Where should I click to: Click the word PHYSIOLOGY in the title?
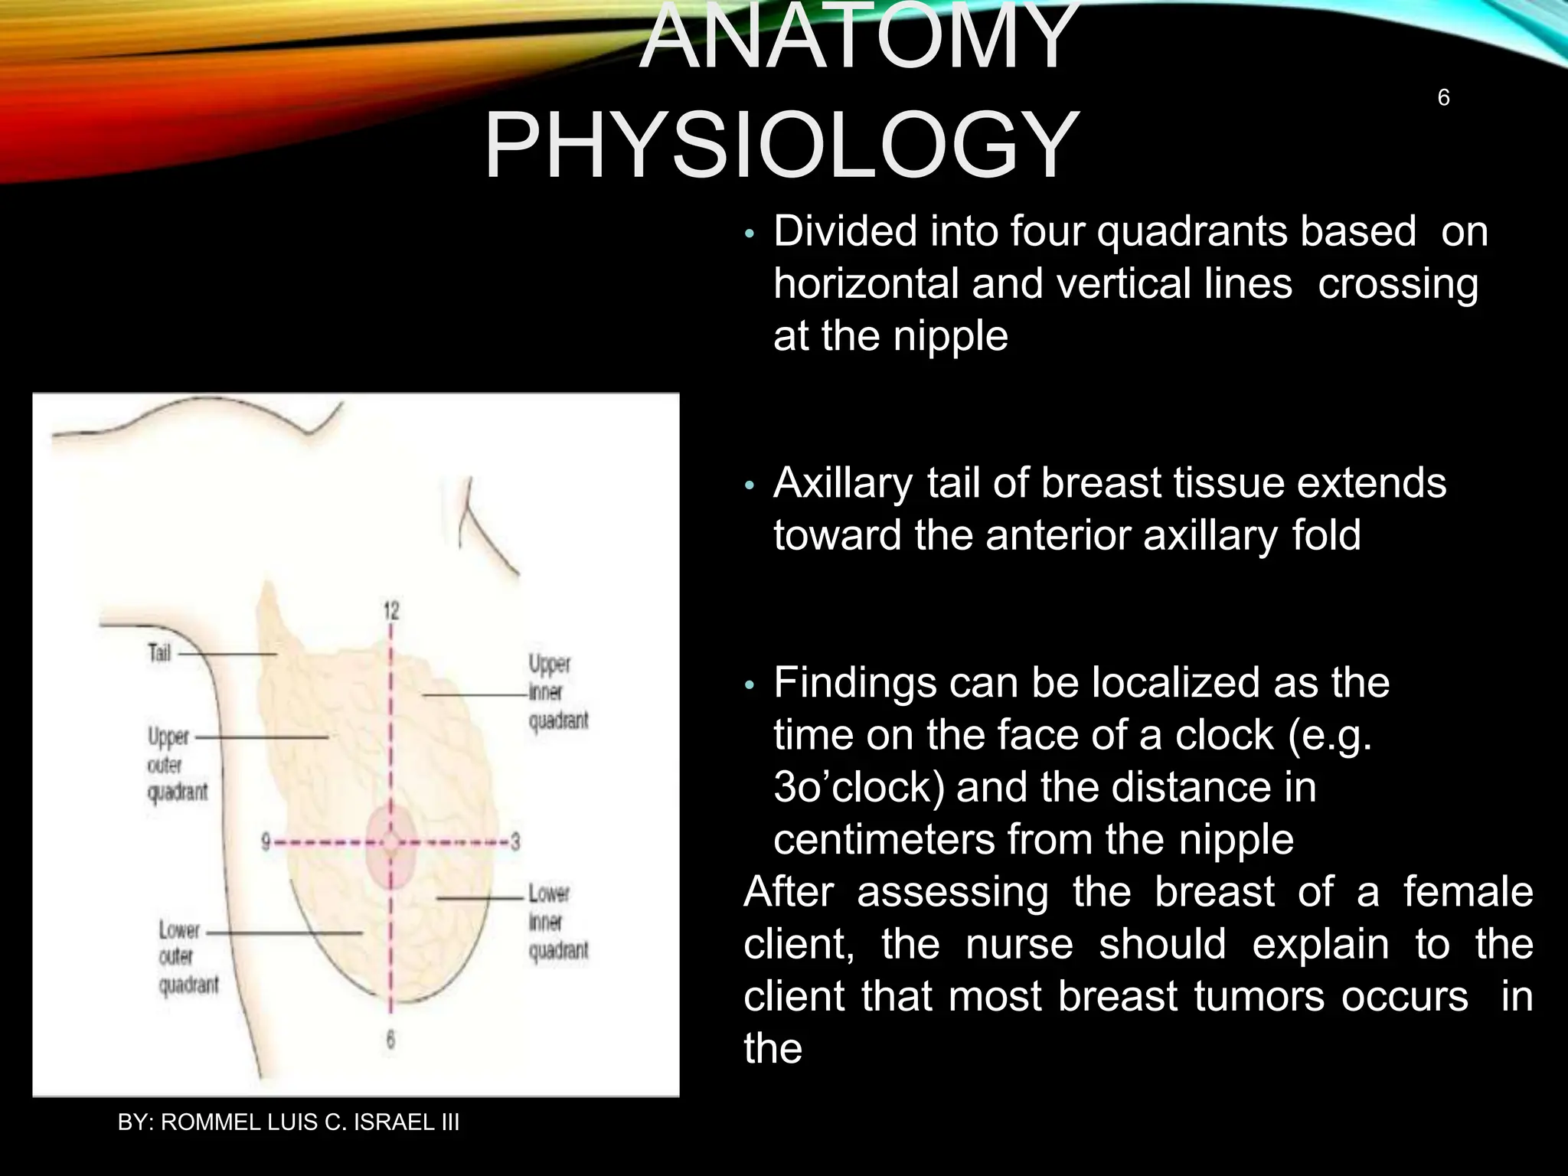(781, 145)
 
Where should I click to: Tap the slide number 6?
(1443, 98)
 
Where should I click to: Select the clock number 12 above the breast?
(391, 610)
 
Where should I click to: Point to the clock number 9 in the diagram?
(266, 842)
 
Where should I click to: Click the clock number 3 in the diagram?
(515, 842)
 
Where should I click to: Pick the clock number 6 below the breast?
(390, 1040)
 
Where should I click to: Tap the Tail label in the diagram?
(159, 653)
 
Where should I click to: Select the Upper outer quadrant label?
(176, 764)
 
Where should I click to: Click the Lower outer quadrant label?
(187, 957)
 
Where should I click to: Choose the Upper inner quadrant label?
(557, 691)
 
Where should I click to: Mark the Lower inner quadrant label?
(557, 922)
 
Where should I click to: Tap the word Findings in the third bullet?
(854, 682)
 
